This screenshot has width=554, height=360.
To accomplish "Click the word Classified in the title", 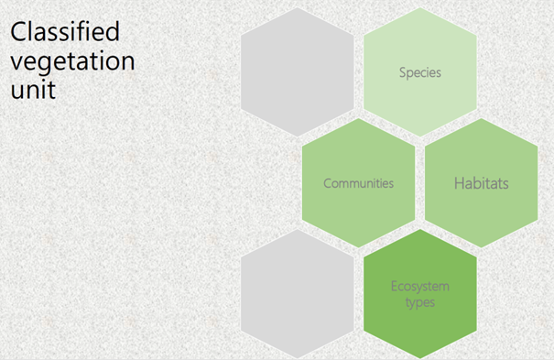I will pos(64,33).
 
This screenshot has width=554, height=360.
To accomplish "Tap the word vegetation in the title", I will pos(71,62).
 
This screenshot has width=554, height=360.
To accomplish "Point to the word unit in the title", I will pos(28,92).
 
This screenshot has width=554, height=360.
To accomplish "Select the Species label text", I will pos(420,72).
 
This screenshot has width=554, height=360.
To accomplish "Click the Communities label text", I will pos(358,183).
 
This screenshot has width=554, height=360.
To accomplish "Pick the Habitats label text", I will pos(481,183).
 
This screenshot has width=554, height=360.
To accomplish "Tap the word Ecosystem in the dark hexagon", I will pos(420,286).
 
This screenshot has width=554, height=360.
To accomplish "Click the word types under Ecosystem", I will pos(420,302).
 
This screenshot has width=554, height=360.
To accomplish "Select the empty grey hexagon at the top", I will pos(298,72).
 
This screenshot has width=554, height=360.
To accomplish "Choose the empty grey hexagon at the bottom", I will pos(298,293).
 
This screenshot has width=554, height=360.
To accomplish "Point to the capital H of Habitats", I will pos(459,183).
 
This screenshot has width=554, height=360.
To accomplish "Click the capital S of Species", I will pos(402,72).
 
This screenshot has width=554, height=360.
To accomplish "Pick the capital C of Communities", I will pos(328,183).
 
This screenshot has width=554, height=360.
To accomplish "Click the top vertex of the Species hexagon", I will pos(420,7).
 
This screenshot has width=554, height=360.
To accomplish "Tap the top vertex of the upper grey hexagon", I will pos(298,7).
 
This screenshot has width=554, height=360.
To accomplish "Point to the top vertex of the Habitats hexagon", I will pos(481,118).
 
